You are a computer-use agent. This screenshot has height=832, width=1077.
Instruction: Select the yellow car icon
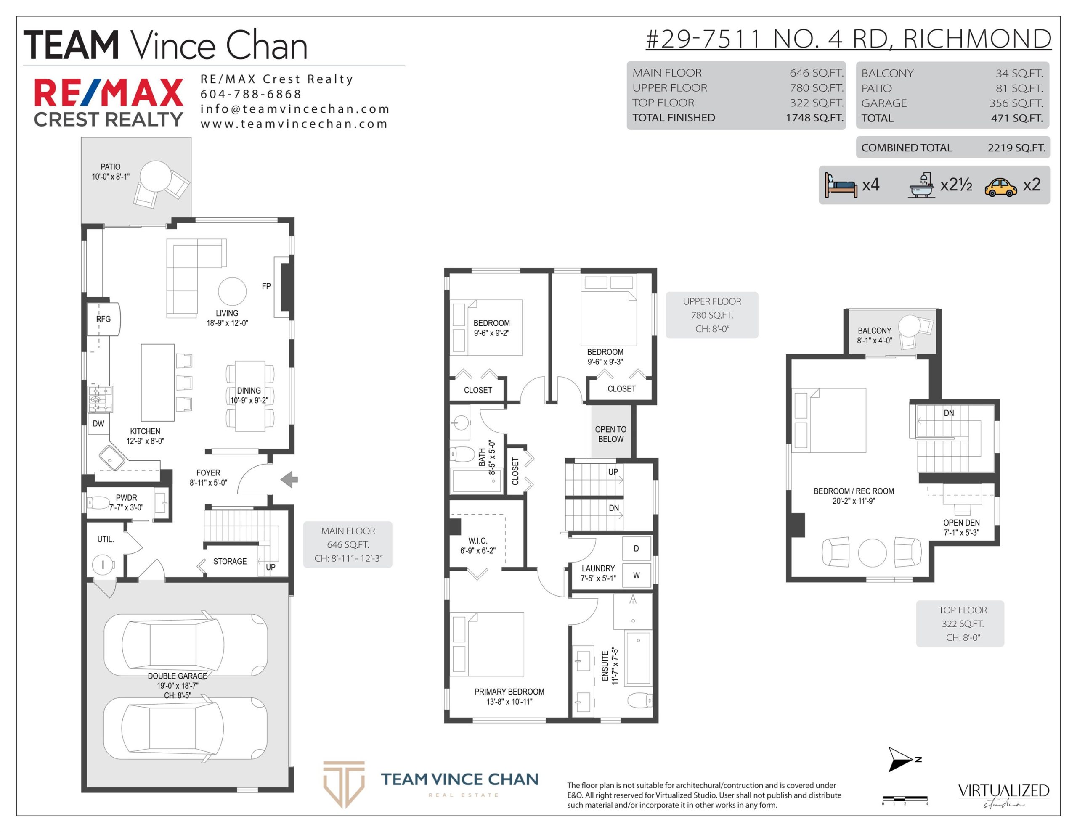tap(1000, 187)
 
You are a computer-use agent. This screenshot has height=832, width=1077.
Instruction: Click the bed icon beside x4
tap(841, 185)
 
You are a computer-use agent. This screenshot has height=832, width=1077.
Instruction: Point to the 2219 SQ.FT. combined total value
tap(1016, 148)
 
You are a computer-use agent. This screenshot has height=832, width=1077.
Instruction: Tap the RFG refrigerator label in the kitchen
tap(103, 319)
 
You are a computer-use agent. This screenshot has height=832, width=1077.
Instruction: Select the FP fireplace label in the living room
tap(266, 286)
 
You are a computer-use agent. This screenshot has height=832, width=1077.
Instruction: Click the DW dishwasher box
tap(98, 424)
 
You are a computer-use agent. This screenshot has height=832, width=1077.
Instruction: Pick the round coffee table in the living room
tap(232, 291)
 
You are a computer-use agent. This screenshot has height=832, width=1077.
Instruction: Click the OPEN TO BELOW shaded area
tap(611, 432)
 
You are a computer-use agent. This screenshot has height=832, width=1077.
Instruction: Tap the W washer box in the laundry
tap(637, 575)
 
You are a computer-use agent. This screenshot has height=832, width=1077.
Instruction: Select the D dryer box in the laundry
tap(637, 549)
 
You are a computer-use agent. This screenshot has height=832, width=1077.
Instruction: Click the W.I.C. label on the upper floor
tap(478, 541)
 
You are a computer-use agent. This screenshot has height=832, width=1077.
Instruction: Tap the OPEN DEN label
tap(962, 523)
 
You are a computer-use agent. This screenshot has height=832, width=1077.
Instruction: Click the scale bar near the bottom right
tap(905, 798)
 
